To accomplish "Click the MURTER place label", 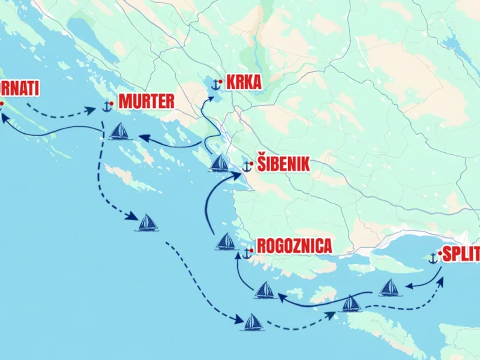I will [x=146, y=101].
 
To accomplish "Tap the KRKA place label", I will [x=243, y=82].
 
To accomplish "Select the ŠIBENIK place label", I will [x=283, y=164].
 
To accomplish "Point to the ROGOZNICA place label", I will [x=294, y=247].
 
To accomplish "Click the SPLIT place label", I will [x=461, y=254].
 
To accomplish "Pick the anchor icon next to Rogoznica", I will [x=246, y=254].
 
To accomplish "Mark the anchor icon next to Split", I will [x=433, y=259].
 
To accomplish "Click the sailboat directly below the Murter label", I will [x=119, y=131].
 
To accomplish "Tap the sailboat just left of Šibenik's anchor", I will [x=219, y=163].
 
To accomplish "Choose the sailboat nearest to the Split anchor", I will [x=390, y=287].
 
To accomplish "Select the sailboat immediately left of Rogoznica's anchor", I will [x=226, y=241].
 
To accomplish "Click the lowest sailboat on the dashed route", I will [x=253, y=322].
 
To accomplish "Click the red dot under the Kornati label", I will [x=2, y=103].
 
